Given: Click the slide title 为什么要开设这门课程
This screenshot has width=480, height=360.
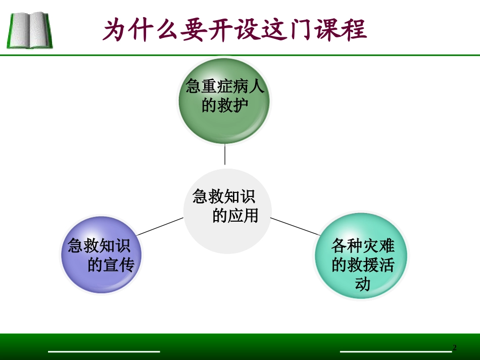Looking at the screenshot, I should pos(234,29).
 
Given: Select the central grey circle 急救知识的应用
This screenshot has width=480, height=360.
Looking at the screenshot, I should pos(227,211).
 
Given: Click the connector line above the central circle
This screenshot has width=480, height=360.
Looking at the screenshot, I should pos(225,155).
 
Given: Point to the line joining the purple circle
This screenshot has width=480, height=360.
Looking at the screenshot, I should pos(160,226).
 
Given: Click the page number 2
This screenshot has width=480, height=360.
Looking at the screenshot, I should pos(454,348).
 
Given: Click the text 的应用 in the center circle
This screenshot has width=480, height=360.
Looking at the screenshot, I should pos(235,216).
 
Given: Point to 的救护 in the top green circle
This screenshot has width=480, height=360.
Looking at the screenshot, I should pos(225,106).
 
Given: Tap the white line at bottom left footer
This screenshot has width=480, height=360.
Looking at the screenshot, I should pos(104,351).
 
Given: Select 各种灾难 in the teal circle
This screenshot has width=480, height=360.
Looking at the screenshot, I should pos(363,246).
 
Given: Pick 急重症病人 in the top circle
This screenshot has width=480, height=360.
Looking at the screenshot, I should pos(225,86).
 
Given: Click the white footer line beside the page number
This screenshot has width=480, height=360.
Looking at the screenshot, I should pos(394,351).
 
